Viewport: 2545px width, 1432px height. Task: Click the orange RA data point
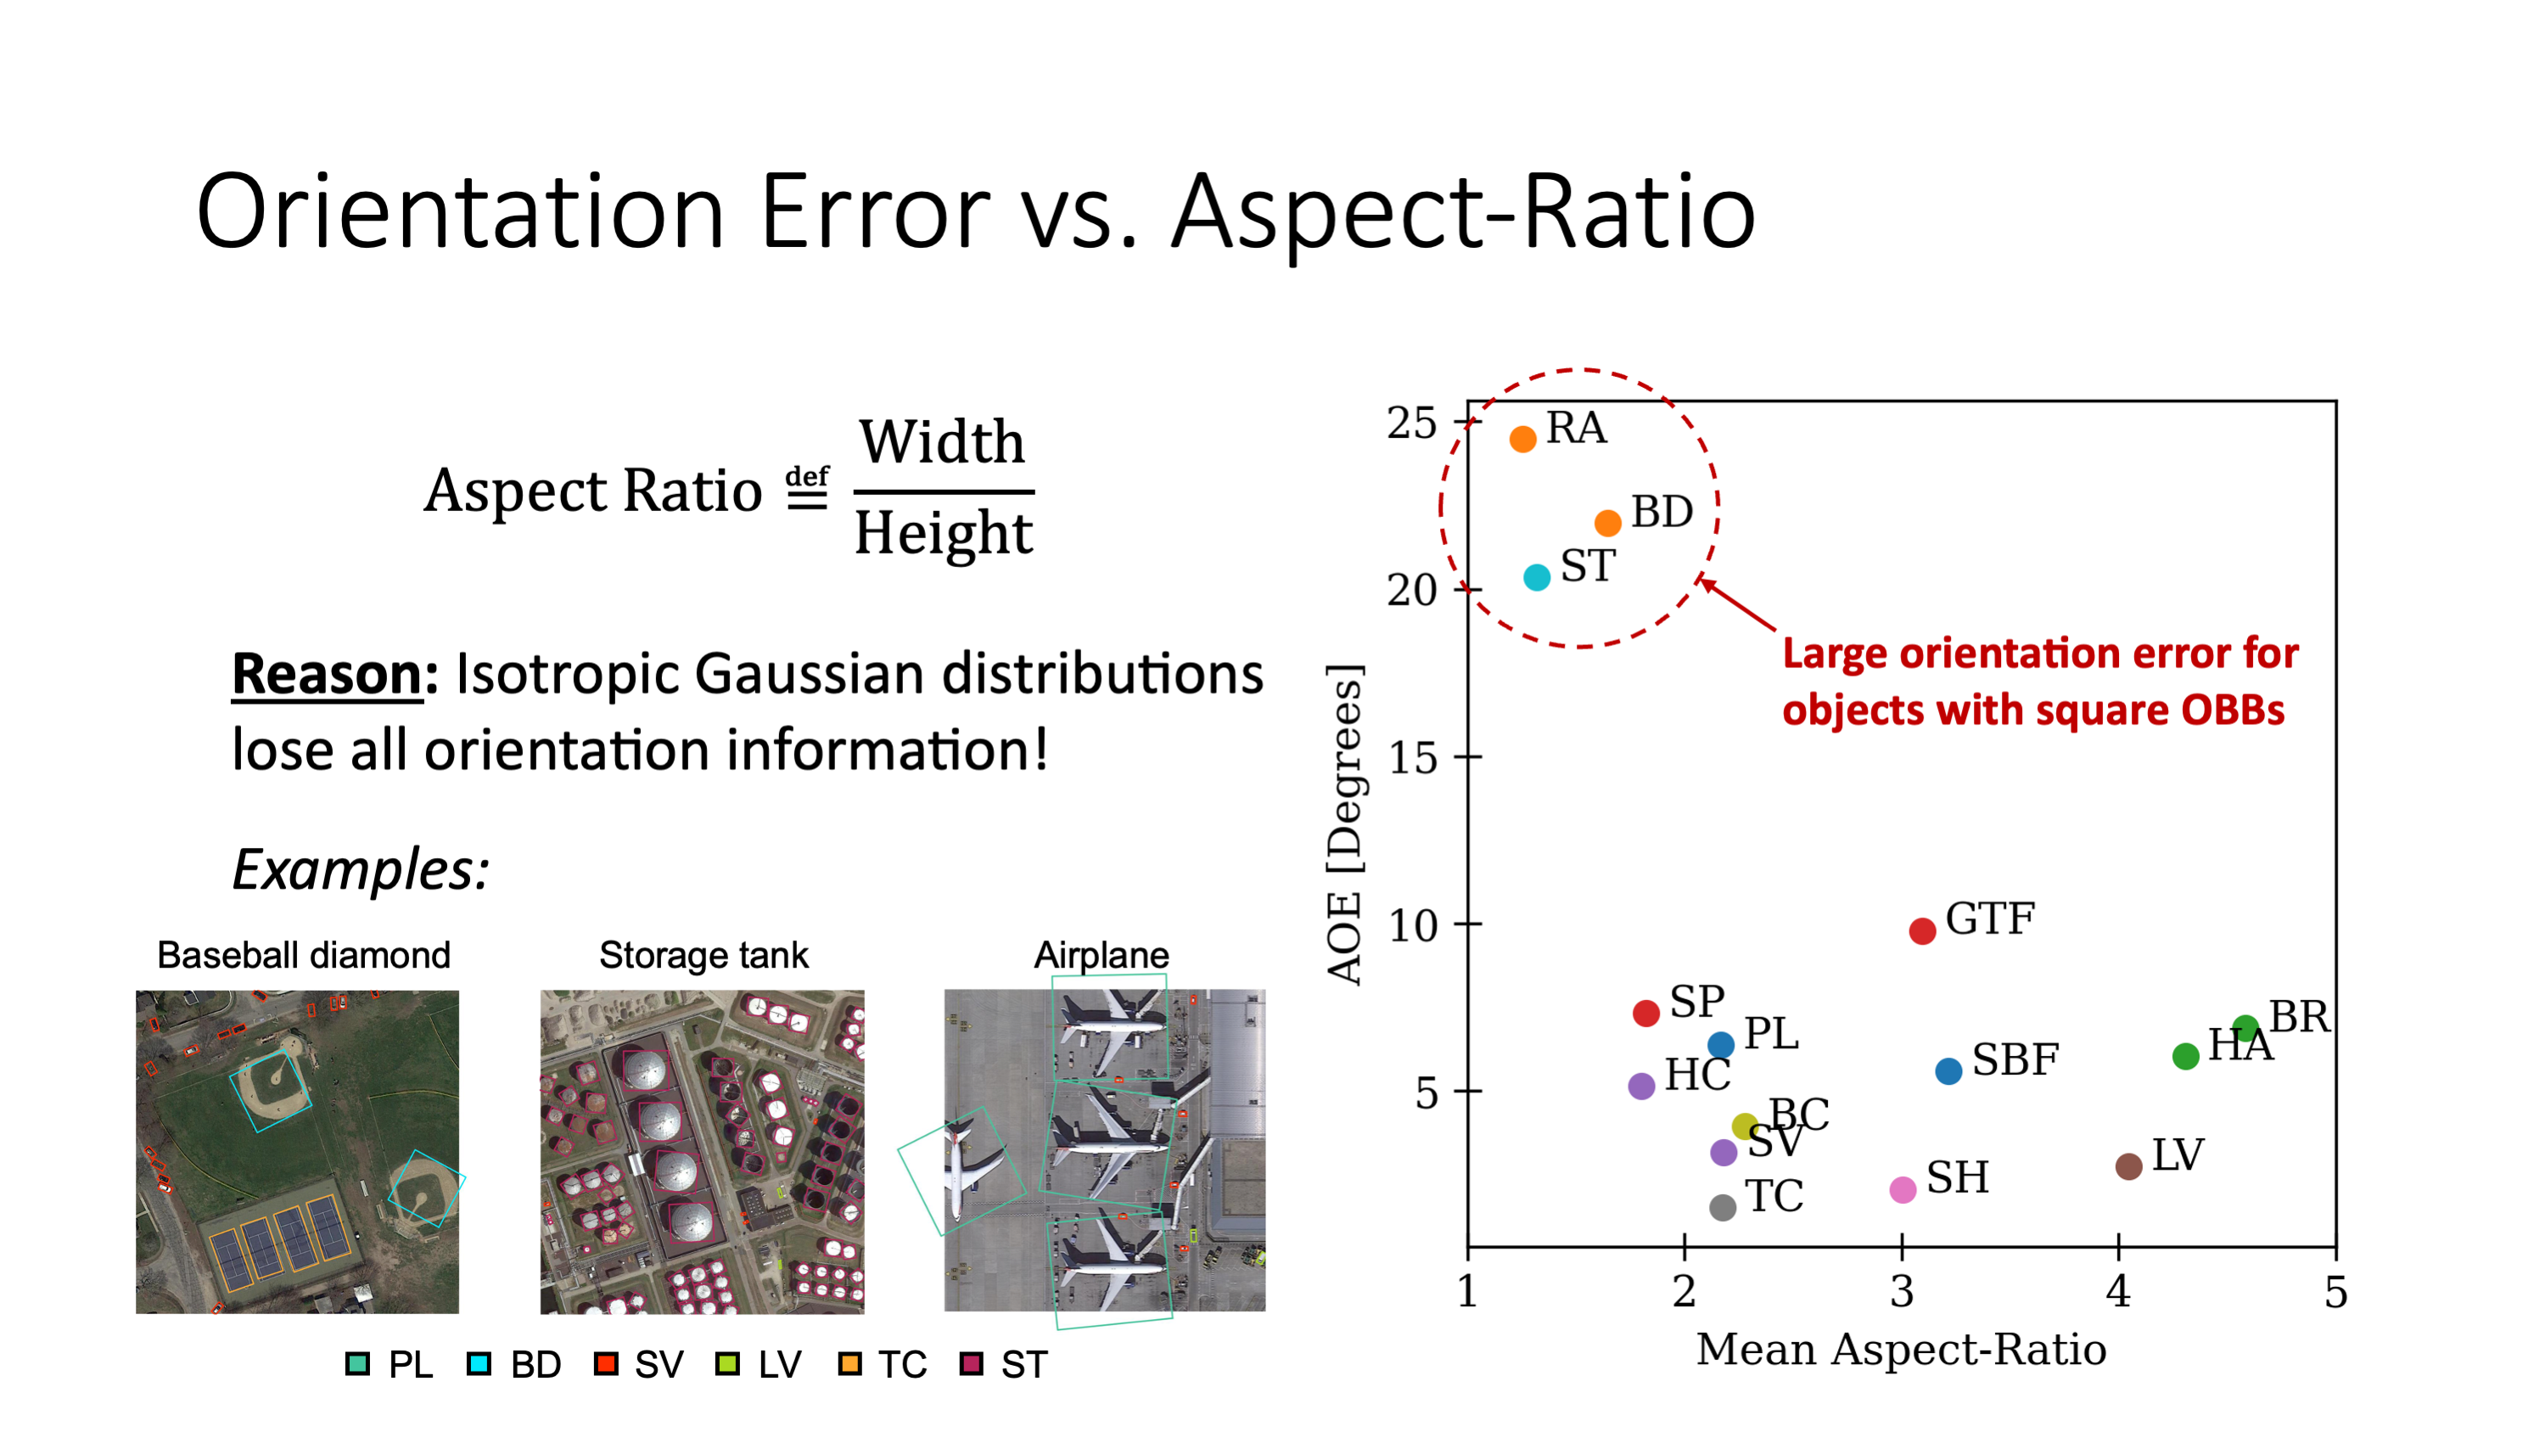click(x=1522, y=439)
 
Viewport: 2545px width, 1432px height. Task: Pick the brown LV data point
click(x=2128, y=1166)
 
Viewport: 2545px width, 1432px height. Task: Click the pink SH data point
click(x=1902, y=1190)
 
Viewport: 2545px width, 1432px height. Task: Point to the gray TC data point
click(x=1722, y=1207)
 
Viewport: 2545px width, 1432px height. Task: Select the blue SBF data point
click(x=1948, y=1071)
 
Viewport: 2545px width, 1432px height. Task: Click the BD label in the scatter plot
click(x=1661, y=512)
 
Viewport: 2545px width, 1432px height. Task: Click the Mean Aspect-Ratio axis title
click(x=1901, y=1350)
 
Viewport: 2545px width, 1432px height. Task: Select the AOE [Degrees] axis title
click(x=1344, y=824)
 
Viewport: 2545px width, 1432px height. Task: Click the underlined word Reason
click(x=326, y=674)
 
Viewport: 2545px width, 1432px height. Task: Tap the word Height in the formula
click(x=944, y=534)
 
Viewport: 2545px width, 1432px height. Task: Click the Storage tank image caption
click(x=704, y=955)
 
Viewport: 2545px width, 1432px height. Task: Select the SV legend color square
click(x=606, y=1364)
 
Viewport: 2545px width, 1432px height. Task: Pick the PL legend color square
click(x=357, y=1364)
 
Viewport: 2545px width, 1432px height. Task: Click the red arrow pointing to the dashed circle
click(x=1738, y=606)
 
